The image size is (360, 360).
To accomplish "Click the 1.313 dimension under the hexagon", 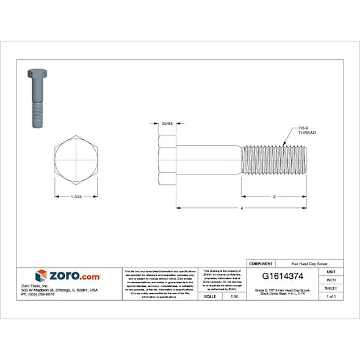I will [76, 196].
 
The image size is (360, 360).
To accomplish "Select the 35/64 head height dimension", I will [167, 124].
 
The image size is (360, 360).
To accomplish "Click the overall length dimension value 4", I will [242, 209].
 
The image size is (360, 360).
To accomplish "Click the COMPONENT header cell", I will [261, 263].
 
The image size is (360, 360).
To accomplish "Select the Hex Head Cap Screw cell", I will [298, 263].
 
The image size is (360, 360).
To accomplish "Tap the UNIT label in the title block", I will [331, 271].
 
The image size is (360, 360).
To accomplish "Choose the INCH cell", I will [331, 279].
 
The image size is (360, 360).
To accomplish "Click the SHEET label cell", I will [331, 287].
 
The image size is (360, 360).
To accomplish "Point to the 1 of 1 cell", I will [331, 296].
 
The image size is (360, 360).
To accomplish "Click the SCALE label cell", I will [209, 296].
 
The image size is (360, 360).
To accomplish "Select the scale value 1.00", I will [234, 296].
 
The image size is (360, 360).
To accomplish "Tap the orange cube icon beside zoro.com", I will [41, 276].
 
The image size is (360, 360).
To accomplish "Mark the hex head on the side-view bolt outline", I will [167, 160].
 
